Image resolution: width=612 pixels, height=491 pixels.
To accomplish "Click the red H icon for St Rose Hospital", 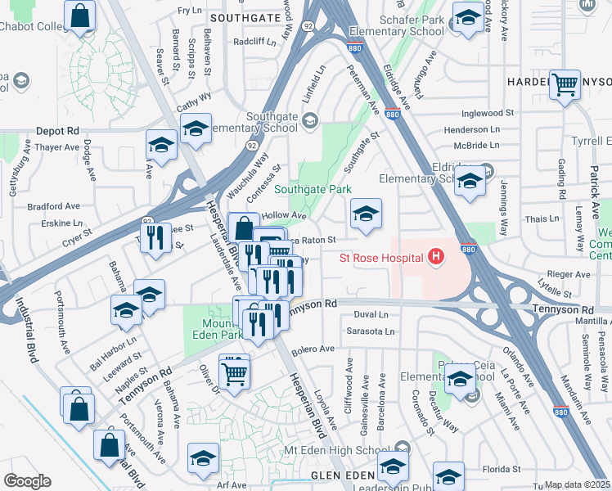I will click(x=436, y=258).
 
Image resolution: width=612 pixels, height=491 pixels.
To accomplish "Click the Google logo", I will click(x=26, y=481).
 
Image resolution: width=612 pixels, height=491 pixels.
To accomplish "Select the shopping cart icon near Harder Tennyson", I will click(x=565, y=84).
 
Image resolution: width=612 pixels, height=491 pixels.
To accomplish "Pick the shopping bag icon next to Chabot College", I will click(x=79, y=16).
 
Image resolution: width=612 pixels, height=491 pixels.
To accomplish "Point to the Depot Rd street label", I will click(x=57, y=131).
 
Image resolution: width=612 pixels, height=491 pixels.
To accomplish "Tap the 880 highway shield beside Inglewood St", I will click(x=392, y=115).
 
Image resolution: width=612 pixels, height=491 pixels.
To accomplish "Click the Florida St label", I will click(x=502, y=470).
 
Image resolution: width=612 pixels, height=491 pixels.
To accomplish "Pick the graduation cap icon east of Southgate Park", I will click(x=366, y=214).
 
